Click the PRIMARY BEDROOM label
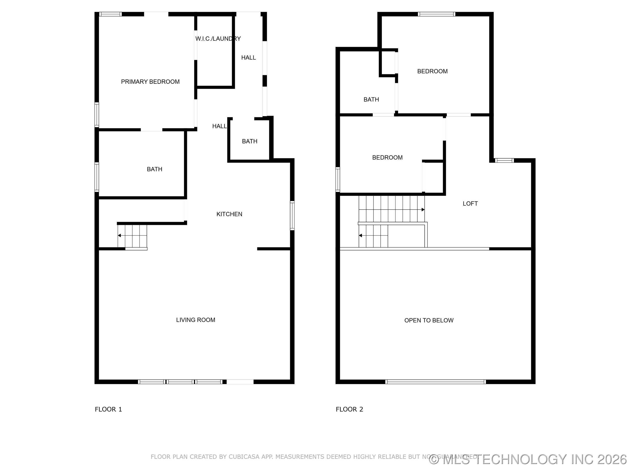click(150, 82)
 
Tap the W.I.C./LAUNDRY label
click(218, 39)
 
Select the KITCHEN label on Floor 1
click(229, 214)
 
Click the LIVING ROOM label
click(195, 320)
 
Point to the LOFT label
click(470, 204)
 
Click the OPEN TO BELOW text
click(429, 320)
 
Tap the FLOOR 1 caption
click(108, 409)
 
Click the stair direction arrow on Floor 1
click(120, 235)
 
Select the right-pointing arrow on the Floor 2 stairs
click(423, 210)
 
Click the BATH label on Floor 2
click(371, 99)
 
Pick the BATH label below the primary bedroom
click(154, 169)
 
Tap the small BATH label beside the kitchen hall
click(250, 141)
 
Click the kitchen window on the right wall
click(292, 215)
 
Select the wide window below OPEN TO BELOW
click(436, 382)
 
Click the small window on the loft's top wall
click(504, 161)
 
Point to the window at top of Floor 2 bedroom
click(436, 14)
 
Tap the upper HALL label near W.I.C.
click(248, 58)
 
